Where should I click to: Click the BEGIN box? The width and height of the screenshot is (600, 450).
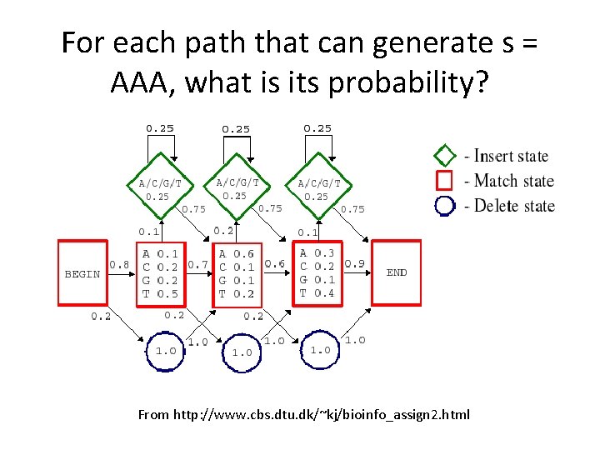tap(82, 272)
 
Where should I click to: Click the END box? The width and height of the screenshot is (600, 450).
tap(397, 272)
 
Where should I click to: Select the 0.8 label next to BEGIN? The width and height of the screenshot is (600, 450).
tap(119, 264)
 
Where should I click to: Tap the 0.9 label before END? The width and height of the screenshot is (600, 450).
tap(354, 264)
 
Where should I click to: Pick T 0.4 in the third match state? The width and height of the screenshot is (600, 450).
tap(317, 292)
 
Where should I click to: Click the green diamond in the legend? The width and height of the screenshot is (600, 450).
tap(446, 155)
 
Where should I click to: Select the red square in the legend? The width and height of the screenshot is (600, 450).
tap(446, 180)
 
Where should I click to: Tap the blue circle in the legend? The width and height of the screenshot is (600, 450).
tap(446, 205)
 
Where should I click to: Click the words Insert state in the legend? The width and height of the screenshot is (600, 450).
tap(511, 156)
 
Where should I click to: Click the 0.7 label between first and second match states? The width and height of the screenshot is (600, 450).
tap(198, 264)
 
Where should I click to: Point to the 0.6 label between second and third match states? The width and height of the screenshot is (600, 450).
tap(274, 264)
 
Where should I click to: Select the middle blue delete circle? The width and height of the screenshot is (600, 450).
tap(242, 352)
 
